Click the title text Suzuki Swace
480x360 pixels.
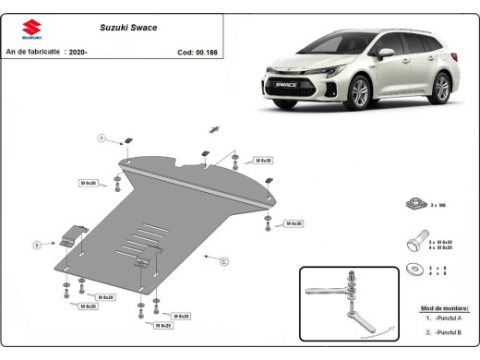click(127, 28)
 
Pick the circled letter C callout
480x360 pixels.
click(224, 261)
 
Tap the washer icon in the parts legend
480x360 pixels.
click(411, 270)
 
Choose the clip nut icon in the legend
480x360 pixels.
click(414, 204)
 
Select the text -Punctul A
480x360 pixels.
click(448, 318)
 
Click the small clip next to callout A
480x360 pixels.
click(128, 140)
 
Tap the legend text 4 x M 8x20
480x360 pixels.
click(438, 247)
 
